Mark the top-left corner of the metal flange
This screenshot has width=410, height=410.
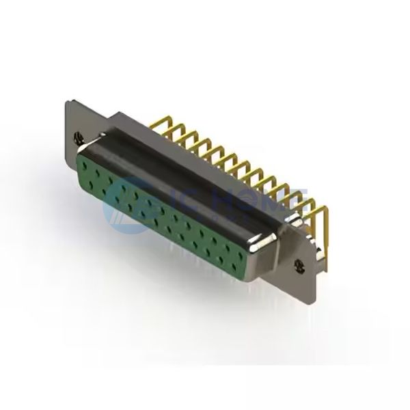click(x=66, y=101)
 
